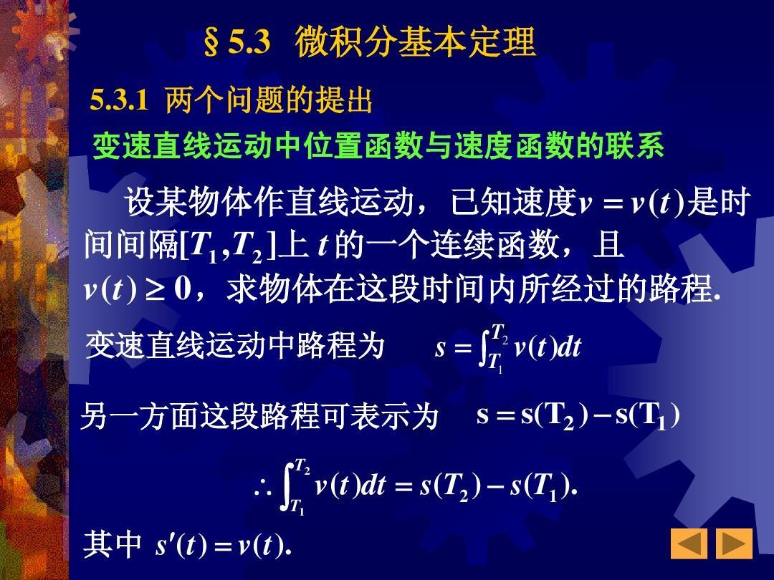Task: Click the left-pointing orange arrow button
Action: click(x=689, y=543)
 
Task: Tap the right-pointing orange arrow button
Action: click(x=734, y=543)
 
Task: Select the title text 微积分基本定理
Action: click(x=415, y=42)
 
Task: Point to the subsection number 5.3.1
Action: click(x=119, y=100)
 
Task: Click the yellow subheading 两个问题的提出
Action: click(x=269, y=100)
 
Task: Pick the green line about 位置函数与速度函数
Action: click(x=378, y=146)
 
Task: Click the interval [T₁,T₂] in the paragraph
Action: click(x=228, y=246)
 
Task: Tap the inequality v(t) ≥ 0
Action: click(x=137, y=289)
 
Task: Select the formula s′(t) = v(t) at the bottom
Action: click(x=223, y=545)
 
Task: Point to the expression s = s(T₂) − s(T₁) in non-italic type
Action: click(x=578, y=415)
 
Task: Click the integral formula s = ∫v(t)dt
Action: click(x=508, y=347)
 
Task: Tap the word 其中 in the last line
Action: click(x=113, y=544)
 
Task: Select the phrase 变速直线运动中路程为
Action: click(x=235, y=344)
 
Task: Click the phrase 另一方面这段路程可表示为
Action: click(x=259, y=416)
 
